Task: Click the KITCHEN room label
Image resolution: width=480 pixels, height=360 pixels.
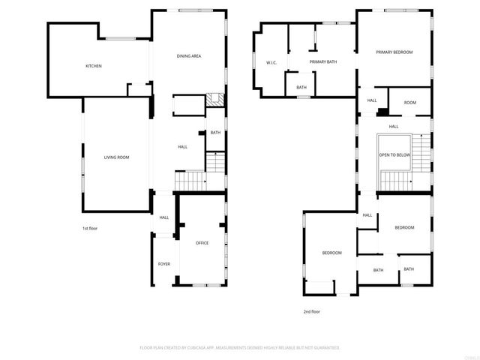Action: pyautogui.click(x=94, y=66)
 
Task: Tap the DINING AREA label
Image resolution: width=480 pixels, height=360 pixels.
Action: pyautogui.click(x=189, y=56)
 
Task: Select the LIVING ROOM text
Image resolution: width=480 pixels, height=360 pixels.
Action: pyautogui.click(x=116, y=157)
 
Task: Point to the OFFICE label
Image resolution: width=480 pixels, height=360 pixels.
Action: pyautogui.click(x=202, y=243)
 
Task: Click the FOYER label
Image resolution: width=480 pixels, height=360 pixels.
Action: pyautogui.click(x=163, y=264)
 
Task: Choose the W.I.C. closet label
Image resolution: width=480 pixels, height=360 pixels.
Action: pyautogui.click(x=271, y=62)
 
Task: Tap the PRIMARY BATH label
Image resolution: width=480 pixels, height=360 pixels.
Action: pyautogui.click(x=322, y=62)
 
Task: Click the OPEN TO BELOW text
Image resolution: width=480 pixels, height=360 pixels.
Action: pyautogui.click(x=394, y=154)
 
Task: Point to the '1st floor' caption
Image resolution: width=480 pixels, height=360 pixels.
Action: pyautogui.click(x=90, y=228)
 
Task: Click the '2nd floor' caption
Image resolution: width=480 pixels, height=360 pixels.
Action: pyautogui.click(x=312, y=311)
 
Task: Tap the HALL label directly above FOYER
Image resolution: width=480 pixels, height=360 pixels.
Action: pyautogui.click(x=163, y=217)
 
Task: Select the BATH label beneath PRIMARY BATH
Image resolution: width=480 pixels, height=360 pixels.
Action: pyautogui.click(x=301, y=87)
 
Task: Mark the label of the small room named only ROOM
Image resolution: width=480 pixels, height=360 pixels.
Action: pyautogui.click(x=409, y=103)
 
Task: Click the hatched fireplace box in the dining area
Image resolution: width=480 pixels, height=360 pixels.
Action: pyautogui.click(x=214, y=99)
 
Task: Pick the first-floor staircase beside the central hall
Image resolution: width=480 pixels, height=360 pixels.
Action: pyautogui.click(x=190, y=181)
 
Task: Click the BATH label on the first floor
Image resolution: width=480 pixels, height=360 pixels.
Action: pyautogui.click(x=215, y=133)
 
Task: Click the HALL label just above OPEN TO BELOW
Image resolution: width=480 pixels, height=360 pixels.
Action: pyautogui.click(x=393, y=126)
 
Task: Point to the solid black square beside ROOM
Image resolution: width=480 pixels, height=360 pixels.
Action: pyautogui.click(x=382, y=112)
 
